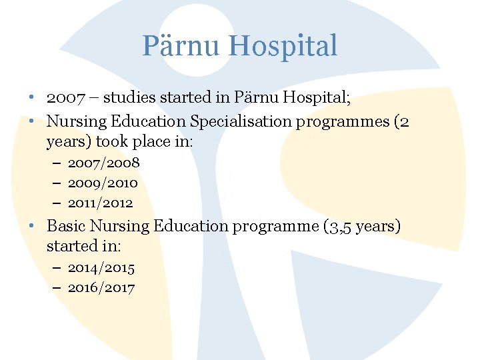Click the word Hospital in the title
(283, 47)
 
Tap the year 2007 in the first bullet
(65, 98)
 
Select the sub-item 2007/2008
(103, 163)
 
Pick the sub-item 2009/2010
(103, 183)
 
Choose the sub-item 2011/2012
(101, 203)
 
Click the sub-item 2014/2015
(101, 268)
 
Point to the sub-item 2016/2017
(101, 288)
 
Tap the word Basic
(66, 226)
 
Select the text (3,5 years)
(362, 227)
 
